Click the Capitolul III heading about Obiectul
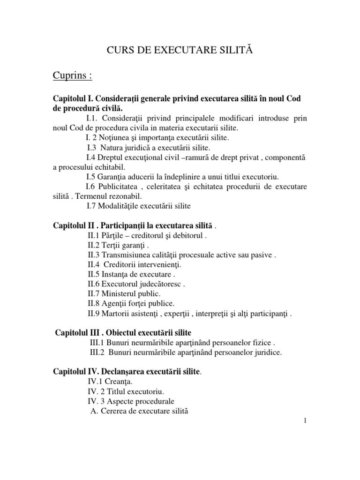(x=123, y=333)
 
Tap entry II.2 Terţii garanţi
(x=119, y=246)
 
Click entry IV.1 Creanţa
(x=100, y=382)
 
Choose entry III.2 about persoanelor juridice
(x=186, y=352)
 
